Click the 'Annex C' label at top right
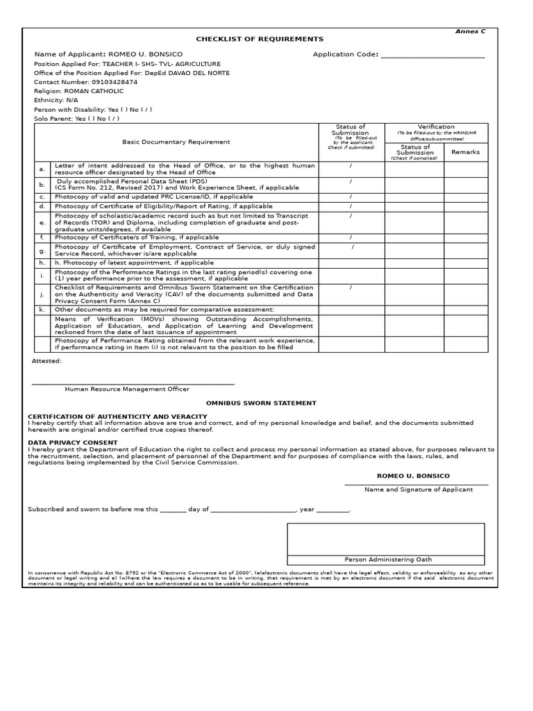coord(471,31)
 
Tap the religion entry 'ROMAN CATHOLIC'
coord(94,91)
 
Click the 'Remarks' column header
coord(466,152)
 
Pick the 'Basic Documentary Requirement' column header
coord(176,142)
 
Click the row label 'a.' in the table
coord(42,169)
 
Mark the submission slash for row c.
coord(350,197)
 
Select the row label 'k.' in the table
coord(42,309)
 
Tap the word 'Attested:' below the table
coord(47,361)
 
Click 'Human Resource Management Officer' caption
coord(127,390)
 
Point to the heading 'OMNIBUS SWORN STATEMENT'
coord(261,403)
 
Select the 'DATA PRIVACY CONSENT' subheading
coord(73,442)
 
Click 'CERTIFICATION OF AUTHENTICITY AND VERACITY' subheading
coord(117,416)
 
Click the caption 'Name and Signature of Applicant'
coord(418,490)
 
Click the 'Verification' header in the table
coord(436,127)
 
